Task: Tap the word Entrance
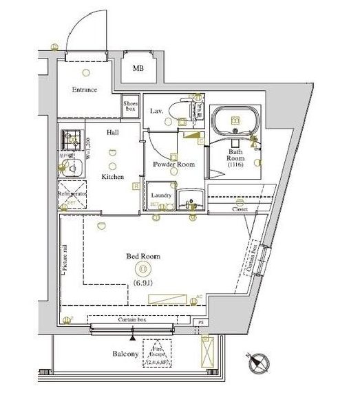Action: (85, 90)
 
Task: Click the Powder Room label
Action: (173, 164)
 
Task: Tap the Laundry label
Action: (160, 195)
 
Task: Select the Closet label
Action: (240, 208)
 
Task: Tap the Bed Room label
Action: (143, 256)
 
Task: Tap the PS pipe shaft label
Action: (201, 322)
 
